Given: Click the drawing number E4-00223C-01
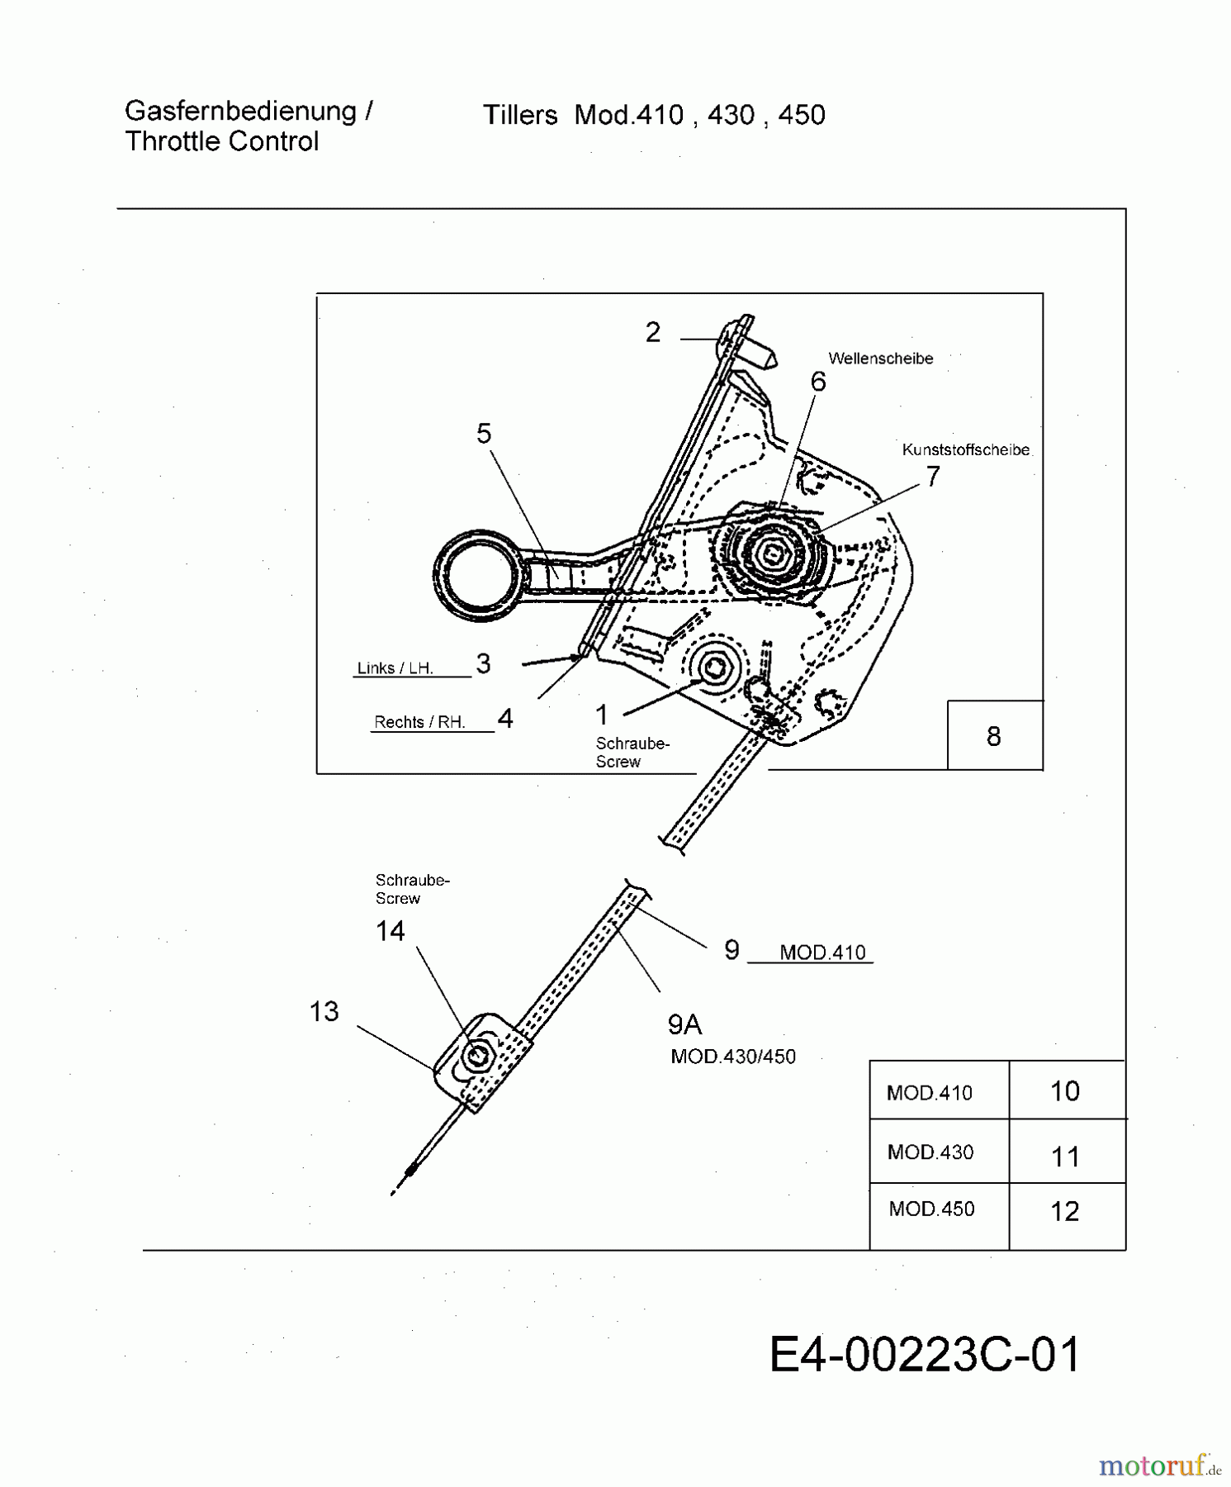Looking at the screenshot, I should coord(924,1356).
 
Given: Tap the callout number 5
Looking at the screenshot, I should coord(484,434).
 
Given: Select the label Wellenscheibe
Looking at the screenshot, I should coord(880,359).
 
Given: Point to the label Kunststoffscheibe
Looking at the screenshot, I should coord(965,450).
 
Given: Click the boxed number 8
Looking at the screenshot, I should coord(993,736).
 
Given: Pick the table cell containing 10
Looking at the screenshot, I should coord(1065,1091).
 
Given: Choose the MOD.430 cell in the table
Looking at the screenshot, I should coord(930,1152).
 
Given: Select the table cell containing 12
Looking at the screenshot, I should coord(1065,1211).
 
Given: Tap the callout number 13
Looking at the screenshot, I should coord(324,1011).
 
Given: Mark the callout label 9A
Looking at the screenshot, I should coord(684,1025).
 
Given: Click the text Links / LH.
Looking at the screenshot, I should coord(395,668).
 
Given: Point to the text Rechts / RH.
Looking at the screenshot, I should coord(419,722).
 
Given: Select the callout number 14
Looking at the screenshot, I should coord(390,931).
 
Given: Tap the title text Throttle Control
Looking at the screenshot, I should coord(221,141).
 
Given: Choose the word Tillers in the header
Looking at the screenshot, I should coord(520,115).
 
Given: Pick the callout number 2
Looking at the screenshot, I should coord(652,332).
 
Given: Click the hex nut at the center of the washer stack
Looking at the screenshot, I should coord(775,553).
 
